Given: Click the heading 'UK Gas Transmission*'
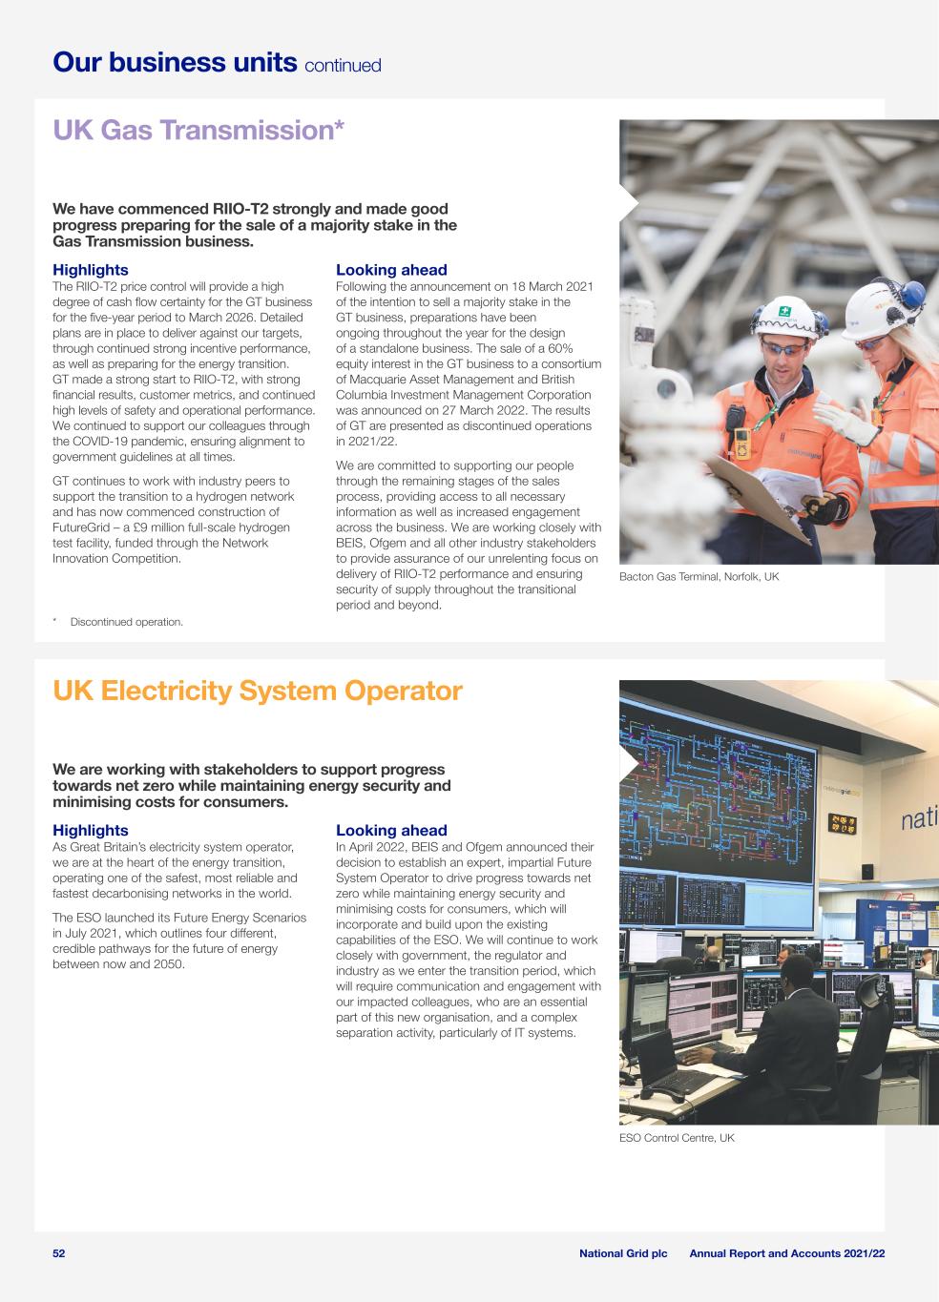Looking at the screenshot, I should (198, 131).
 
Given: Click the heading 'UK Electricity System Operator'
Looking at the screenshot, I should (258, 692).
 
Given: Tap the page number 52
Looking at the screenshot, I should (59, 1252).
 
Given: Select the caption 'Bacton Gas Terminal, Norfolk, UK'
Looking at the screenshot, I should (699, 577).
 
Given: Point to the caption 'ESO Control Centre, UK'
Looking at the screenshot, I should (677, 1138).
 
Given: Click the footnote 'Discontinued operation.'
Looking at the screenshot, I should (126, 622).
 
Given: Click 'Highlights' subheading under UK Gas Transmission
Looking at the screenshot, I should (90, 270).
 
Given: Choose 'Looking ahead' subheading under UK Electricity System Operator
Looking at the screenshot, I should (391, 831).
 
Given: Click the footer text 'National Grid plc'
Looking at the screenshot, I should (623, 1252).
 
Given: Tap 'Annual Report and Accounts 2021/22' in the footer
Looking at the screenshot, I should (787, 1252).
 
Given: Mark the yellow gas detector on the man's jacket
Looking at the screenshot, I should (741, 442).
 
